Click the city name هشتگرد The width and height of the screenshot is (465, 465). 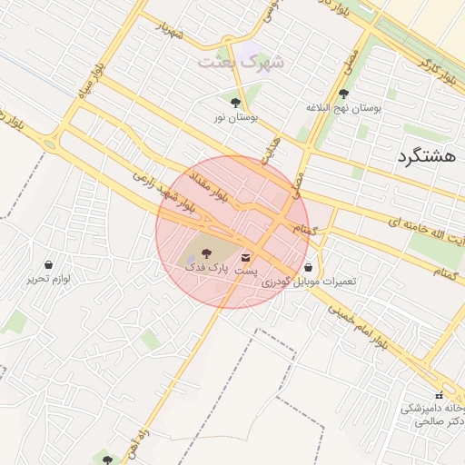(x=425, y=156)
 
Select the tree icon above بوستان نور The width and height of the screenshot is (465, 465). (x=236, y=103)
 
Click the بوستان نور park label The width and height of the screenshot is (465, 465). (x=236, y=118)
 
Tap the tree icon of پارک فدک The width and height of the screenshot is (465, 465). (x=203, y=253)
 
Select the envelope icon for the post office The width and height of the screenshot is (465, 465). (x=246, y=259)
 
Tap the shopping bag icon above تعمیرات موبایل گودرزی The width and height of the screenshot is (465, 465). (x=312, y=268)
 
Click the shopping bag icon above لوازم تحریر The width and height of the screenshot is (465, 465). (x=48, y=264)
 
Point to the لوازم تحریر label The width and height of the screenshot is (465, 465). (x=48, y=279)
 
